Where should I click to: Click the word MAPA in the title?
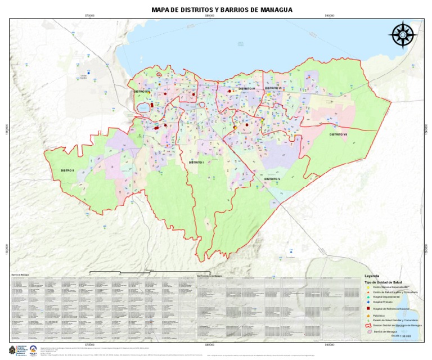tap(162, 10)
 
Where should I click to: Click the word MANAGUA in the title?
tap(275, 10)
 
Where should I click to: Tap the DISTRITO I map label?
tap(196, 162)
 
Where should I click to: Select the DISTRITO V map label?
tap(272, 178)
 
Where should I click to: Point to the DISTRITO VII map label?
tap(339, 134)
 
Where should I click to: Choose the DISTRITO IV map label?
tap(247, 89)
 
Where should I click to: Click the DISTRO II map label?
tap(67, 170)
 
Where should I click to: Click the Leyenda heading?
tap(372, 276)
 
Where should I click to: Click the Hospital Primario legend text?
tap(385, 303)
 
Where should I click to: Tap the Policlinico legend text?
tap(382, 316)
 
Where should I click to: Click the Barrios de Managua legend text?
tap(388, 332)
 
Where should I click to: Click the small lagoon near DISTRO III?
tap(142, 106)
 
